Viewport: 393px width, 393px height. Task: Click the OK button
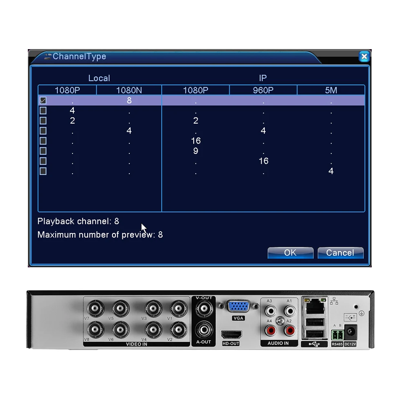(290, 253)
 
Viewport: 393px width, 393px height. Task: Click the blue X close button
(364, 56)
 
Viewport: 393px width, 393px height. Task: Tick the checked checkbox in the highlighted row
(43, 100)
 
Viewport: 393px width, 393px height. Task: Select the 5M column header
(331, 90)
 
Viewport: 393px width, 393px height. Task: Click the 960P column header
(263, 90)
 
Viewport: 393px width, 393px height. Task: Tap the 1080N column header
(129, 90)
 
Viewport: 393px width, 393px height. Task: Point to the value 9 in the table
(196, 151)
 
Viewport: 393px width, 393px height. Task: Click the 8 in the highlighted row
(129, 100)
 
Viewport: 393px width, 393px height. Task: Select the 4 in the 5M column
(331, 171)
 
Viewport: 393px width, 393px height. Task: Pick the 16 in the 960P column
(263, 161)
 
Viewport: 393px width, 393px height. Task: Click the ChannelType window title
(79, 56)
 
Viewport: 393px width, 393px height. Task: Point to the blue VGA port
(239, 307)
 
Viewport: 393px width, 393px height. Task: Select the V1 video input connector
(178, 308)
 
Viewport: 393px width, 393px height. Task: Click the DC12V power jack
(350, 332)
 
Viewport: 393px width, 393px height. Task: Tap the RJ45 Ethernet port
(314, 305)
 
